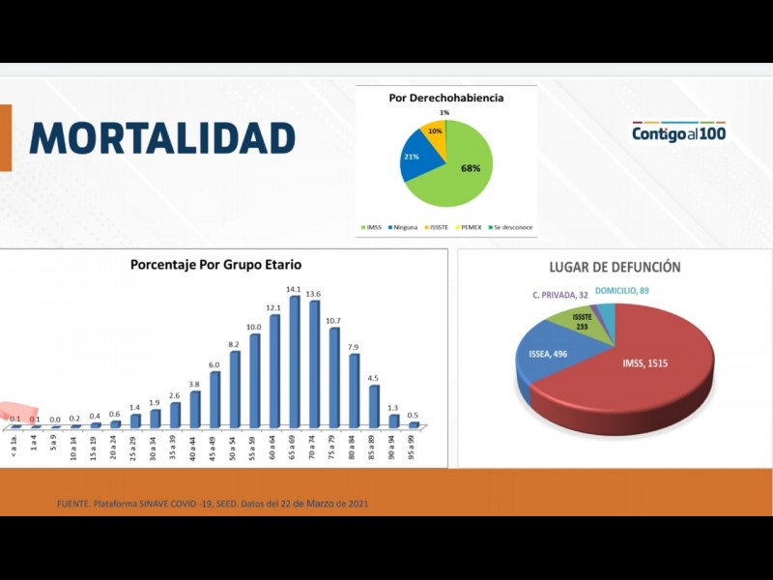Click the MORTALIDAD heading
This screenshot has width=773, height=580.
tap(162, 138)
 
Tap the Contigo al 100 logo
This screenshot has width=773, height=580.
tap(678, 132)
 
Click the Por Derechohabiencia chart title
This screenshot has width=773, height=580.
tap(445, 98)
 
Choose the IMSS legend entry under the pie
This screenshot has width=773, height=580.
tap(371, 227)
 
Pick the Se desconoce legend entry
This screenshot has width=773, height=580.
tap(511, 227)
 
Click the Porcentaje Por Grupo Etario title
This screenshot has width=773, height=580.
tap(216, 264)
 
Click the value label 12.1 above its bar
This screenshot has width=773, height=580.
tap(274, 307)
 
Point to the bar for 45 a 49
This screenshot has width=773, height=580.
tap(215, 398)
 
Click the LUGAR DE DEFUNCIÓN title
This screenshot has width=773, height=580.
tap(615, 267)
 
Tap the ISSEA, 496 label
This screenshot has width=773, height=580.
tap(549, 354)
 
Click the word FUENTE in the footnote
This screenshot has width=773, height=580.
tap(74, 504)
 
